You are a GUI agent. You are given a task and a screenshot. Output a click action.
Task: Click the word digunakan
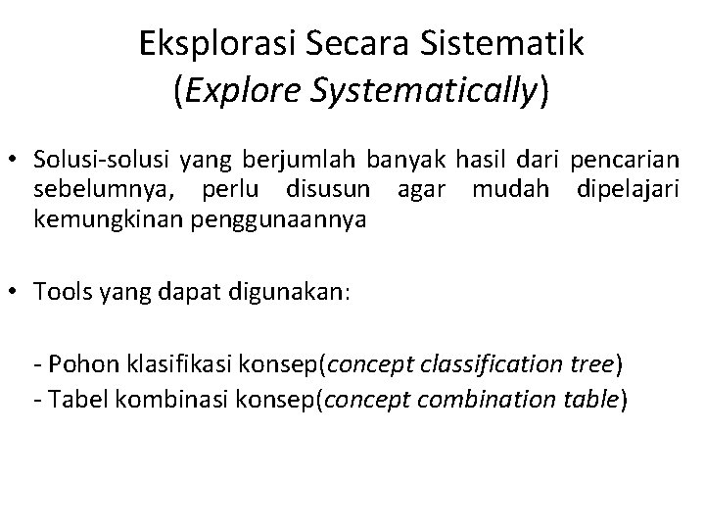point(297,290)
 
